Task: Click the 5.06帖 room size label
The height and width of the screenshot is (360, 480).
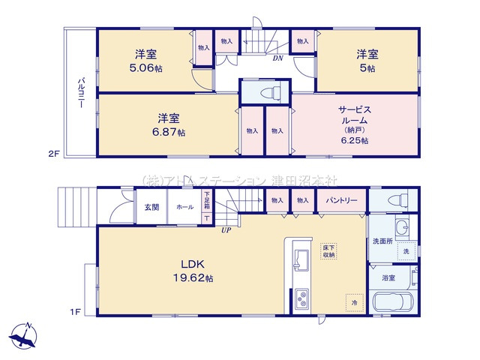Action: [145, 66]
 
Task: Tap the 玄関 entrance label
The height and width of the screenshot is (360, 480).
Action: [151, 206]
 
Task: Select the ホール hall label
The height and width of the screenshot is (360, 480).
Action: [184, 206]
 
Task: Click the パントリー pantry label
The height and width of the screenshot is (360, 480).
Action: [341, 201]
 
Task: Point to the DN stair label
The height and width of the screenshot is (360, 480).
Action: [277, 58]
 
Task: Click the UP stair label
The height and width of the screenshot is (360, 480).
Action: [225, 229]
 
